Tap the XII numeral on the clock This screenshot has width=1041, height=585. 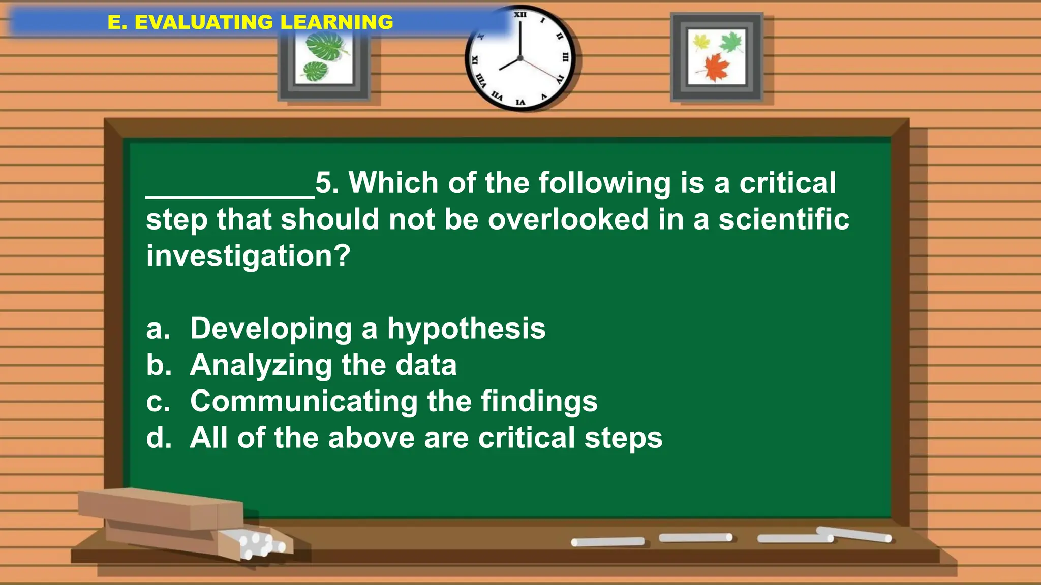click(x=520, y=15)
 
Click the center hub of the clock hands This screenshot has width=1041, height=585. click(x=520, y=58)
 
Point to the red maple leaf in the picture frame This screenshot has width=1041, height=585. click(x=717, y=67)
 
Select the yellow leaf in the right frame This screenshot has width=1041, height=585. click(x=701, y=42)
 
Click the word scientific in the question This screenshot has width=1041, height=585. click(x=783, y=219)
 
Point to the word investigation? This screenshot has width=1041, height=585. click(x=248, y=256)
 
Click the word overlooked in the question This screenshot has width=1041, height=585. click(x=568, y=219)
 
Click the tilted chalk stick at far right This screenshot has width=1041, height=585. click(x=854, y=534)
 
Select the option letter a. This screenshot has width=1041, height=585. click(x=158, y=329)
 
